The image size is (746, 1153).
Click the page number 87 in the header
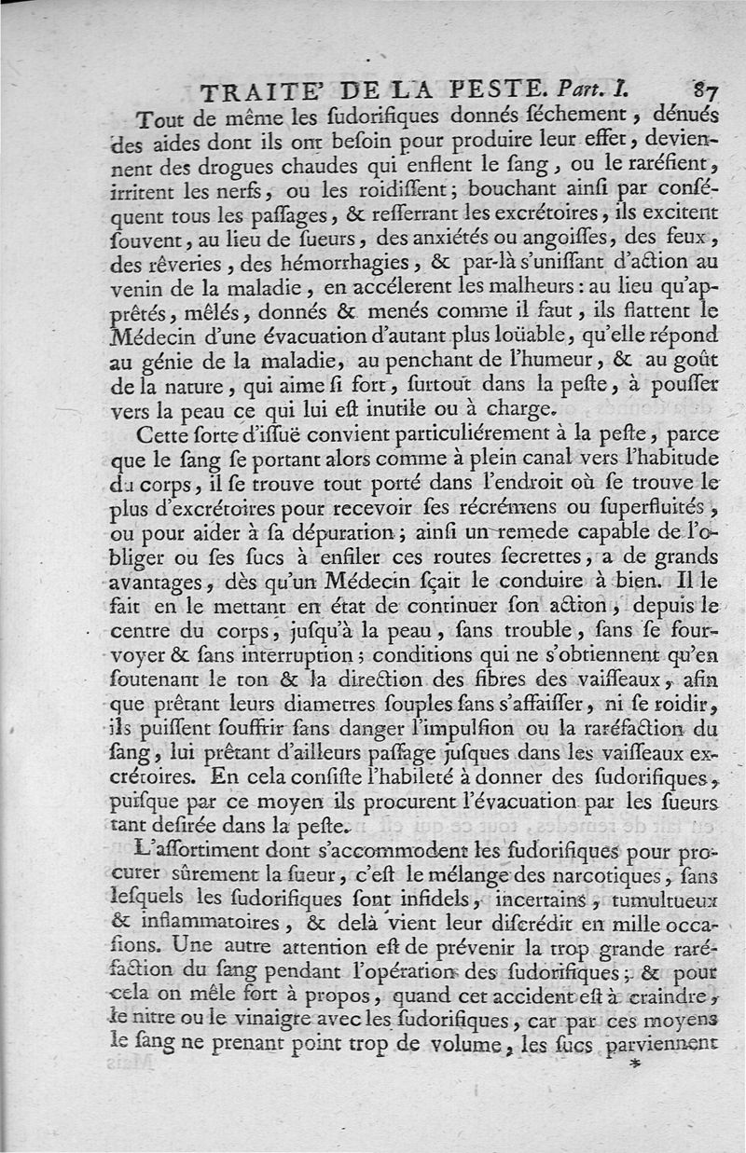(703, 90)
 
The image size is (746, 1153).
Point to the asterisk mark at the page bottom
(637, 1064)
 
